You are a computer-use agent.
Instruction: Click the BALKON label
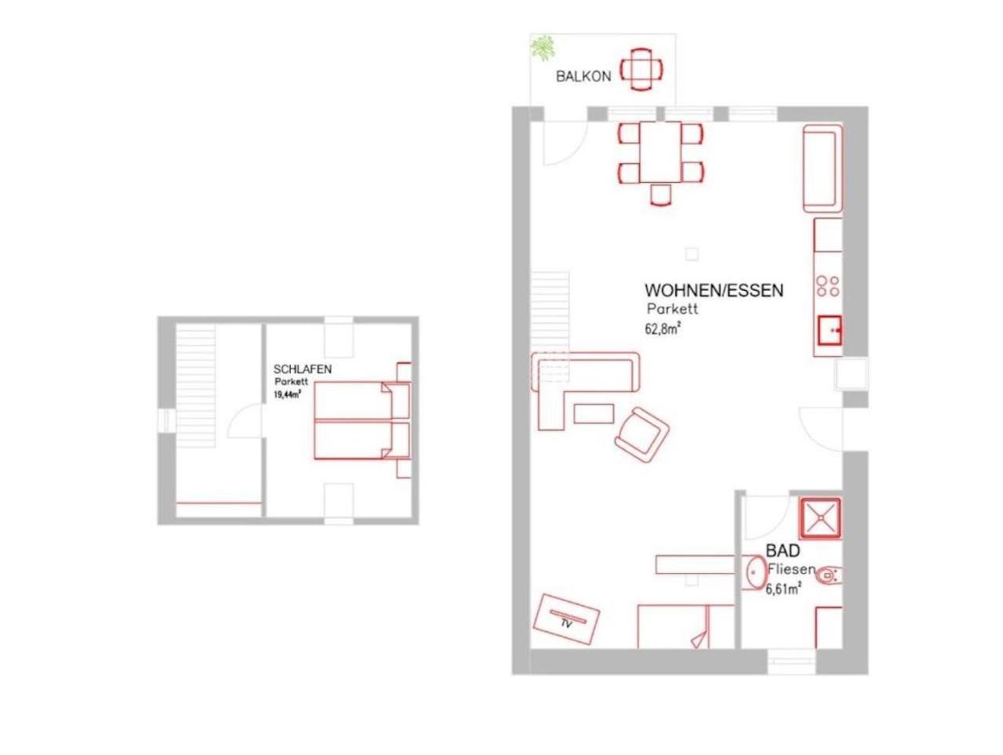pyautogui.click(x=583, y=76)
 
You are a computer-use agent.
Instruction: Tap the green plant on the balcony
pyautogui.click(x=543, y=48)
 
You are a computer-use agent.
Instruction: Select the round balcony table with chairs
pyautogui.click(x=641, y=71)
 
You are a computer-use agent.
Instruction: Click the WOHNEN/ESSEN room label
pyautogui.click(x=714, y=290)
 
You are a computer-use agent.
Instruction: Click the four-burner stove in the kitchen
pyautogui.click(x=828, y=286)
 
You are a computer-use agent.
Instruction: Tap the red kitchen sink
pyautogui.click(x=830, y=330)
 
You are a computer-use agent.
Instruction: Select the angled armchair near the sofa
pyautogui.click(x=641, y=435)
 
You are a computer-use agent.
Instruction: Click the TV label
pyautogui.click(x=567, y=623)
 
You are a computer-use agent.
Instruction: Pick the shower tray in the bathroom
pyautogui.click(x=820, y=518)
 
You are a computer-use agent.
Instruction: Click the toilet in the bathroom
pyautogui.click(x=828, y=576)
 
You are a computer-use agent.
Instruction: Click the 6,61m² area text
pyautogui.click(x=783, y=590)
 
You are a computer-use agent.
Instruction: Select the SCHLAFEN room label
pyautogui.click(x=302, y=369)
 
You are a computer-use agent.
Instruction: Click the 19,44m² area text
pyautogui.click(x=287, y=394)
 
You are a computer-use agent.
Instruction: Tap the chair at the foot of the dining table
pyautogui.click(x=661, y=195)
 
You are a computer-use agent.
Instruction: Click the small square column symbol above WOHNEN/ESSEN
pyautogui.click(x=692, y=254)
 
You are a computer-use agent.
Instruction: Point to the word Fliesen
pyautogui.click(x=791, y=570)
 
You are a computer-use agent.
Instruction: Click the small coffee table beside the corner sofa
pyautogui.click(x=594, y=413)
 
